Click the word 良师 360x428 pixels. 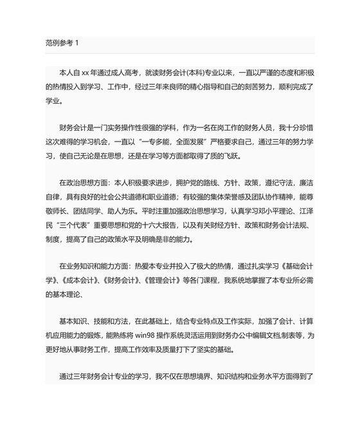coord(177,87)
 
